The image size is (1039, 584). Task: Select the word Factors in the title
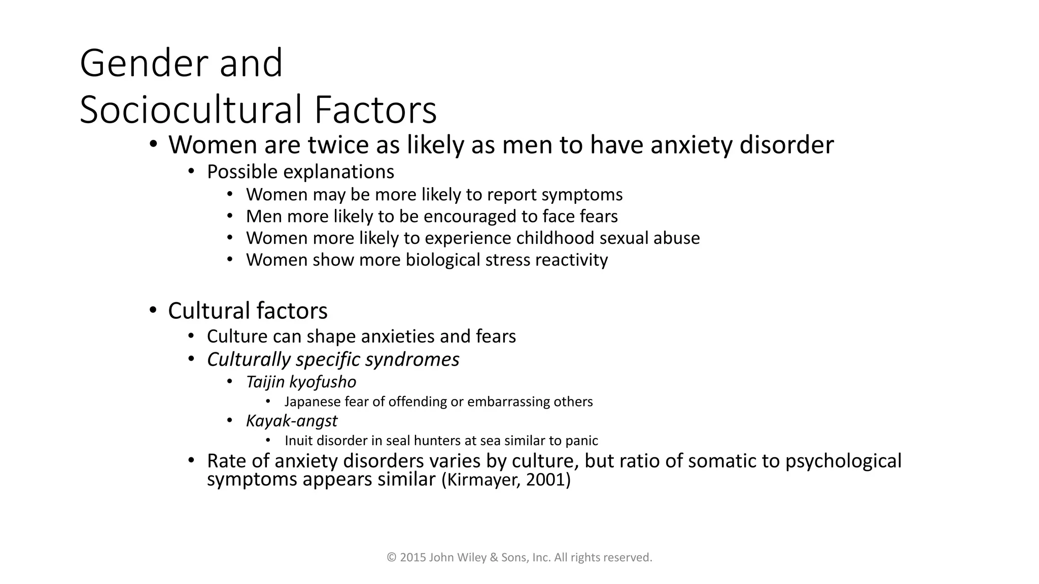pos(375,110)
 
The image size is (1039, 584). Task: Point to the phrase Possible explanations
pos(300,172)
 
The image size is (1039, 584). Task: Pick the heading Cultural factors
pos(248,311)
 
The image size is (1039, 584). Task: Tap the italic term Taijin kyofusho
pos(301,382)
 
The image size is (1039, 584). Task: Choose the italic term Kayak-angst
pos(291,421)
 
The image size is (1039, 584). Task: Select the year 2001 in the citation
pos(545,480)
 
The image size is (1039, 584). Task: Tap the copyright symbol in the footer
pos(391,558)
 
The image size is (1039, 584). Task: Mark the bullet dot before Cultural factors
pos(153,310)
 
